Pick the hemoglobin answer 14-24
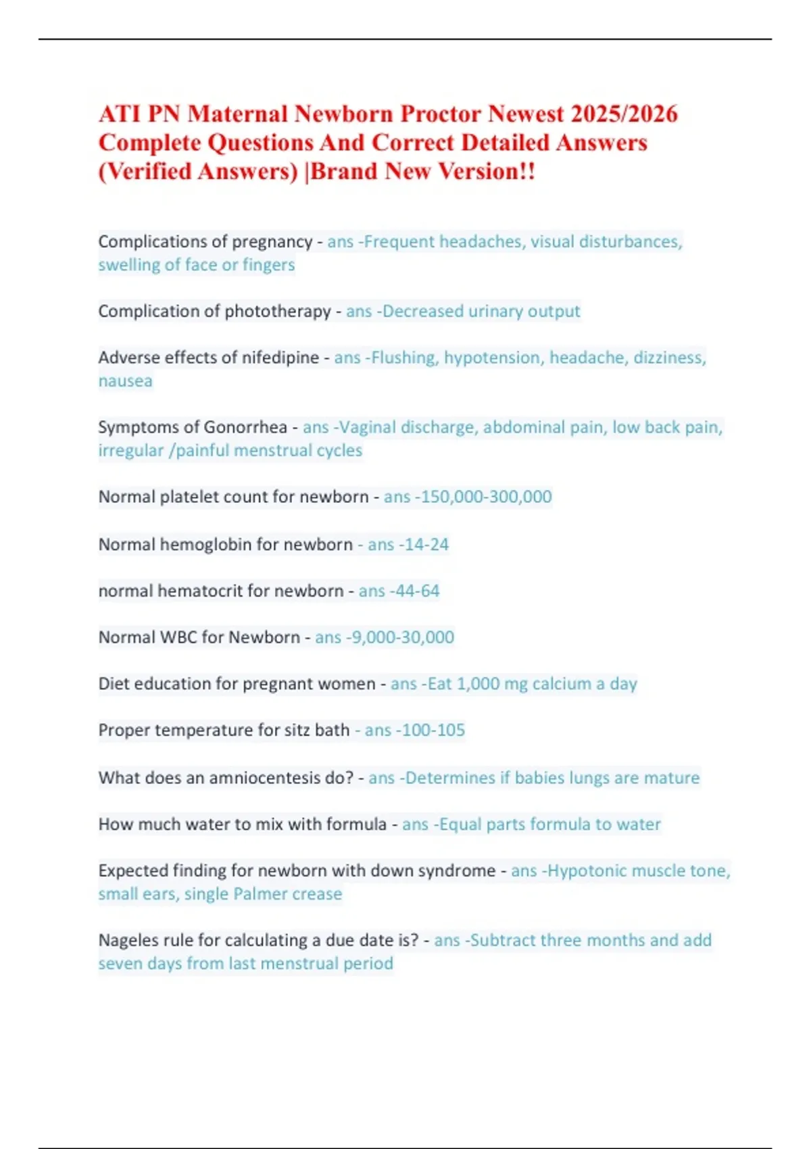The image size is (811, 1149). pos(426,545)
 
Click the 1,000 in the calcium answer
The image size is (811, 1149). pos(478,684)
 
